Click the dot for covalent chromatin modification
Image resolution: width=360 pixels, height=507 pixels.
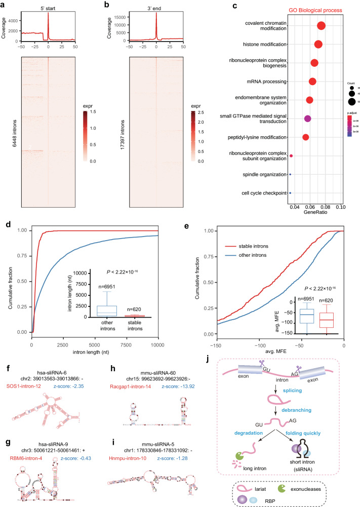[x=321, y=26]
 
